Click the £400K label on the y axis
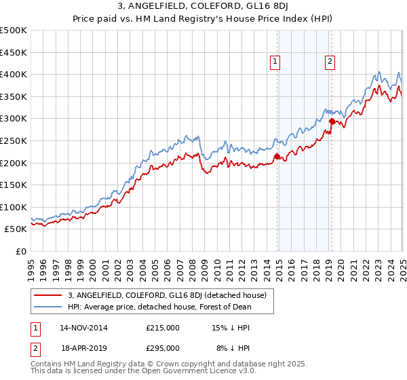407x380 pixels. click(x=14, y=74)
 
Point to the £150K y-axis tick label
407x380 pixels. click(x=14, y=185)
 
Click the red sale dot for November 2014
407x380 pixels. click(x=277, y=157)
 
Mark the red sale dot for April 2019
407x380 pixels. click(x=332, y=121)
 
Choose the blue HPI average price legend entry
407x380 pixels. click(x=159, y=307)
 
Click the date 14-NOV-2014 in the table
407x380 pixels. click(x=83, y=328)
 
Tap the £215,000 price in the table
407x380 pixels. click(x=163, y=328)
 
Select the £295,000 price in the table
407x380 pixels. click(x=163, y=348)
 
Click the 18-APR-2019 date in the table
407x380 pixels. click(x=83, y=348)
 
